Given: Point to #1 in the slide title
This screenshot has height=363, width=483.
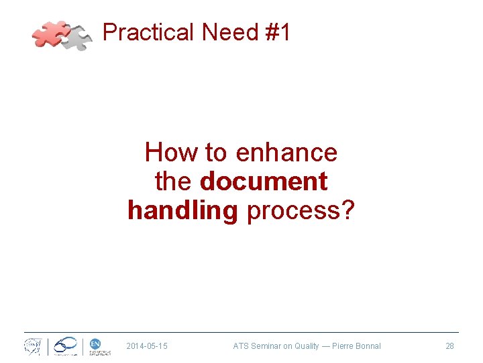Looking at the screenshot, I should pyautogui.click(x=278, y=32).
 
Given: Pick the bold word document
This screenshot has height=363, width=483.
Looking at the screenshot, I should pyautogui.click(x=264, y=182).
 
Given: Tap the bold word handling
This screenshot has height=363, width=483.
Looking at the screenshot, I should pyautogui.click(x=182, y=210).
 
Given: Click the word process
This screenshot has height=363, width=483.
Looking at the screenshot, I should pyautogui.click(x=294, y=210).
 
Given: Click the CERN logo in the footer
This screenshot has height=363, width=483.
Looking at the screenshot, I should pyautogui.click(x=32, y=347).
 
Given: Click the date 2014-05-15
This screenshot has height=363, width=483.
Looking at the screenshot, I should pyautogui.click(x=147, y=346).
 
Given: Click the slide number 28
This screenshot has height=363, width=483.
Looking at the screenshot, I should pyautogui.click(x=449, y=346).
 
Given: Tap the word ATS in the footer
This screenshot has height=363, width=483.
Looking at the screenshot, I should pyautogui.click(x=240, y=346).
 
